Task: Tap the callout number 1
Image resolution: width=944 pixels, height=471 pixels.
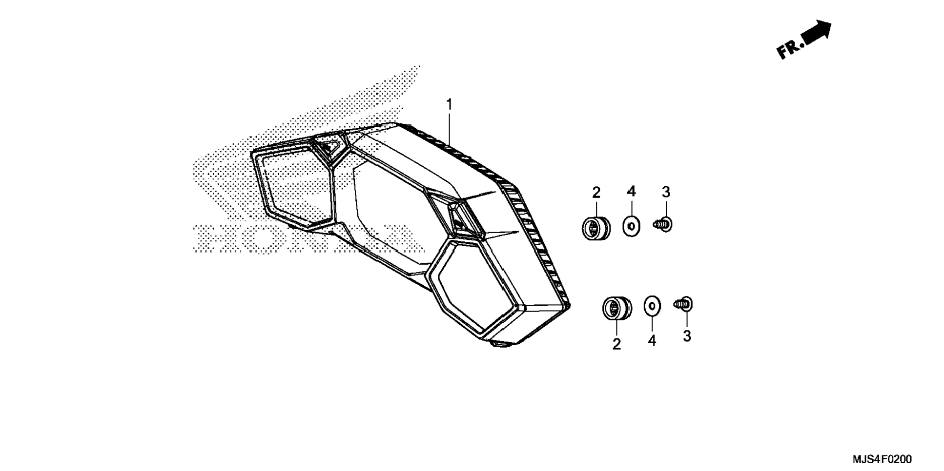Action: (x=449, y=105)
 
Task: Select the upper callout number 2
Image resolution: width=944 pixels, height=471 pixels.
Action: (x=596, y=193)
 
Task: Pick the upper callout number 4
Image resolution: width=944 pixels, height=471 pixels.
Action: (x=631, y=192)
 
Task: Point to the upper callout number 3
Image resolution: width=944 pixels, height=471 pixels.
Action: (x=666, y=192)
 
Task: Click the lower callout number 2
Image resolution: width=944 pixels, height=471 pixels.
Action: (x=616, y=344)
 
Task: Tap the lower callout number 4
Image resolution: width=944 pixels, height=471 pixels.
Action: (x=652, y=340)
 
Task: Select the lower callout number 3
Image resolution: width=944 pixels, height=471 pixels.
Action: (x=687, y=336)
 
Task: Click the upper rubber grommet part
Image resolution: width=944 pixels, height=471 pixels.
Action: (x=596, y=228)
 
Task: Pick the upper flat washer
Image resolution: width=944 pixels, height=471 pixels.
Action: (x=632, y=227)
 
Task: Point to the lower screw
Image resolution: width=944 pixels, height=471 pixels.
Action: (x=684, y=304)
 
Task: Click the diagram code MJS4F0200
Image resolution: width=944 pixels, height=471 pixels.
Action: (x=882, y=459)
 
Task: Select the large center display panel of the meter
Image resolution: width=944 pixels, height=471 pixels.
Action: (x=395, y=215)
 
